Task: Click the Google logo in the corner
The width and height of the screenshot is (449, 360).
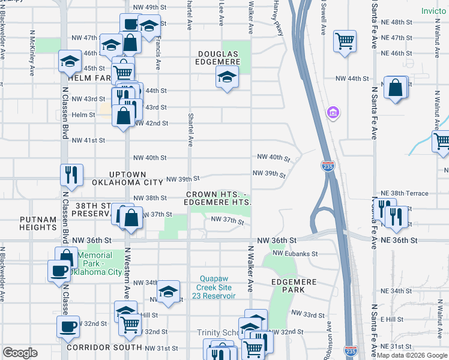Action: tap(20, 353)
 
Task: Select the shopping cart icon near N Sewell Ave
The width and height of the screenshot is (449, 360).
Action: tap(345, 41)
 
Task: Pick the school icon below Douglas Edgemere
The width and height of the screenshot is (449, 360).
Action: tap(226, 76)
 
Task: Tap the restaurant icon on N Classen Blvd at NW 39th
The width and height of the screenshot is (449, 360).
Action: tap(71, 175)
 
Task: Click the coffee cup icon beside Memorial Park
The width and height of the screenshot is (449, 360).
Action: tap(59, 270)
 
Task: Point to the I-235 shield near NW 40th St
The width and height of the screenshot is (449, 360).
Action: tap(327, 165)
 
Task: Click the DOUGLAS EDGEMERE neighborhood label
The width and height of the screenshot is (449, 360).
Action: tap(218, 58)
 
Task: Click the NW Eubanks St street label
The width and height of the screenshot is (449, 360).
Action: tap(295, 254)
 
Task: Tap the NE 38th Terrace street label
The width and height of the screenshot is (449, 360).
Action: tap(404, 193)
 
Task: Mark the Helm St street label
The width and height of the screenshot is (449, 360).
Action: tap(83, 115)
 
